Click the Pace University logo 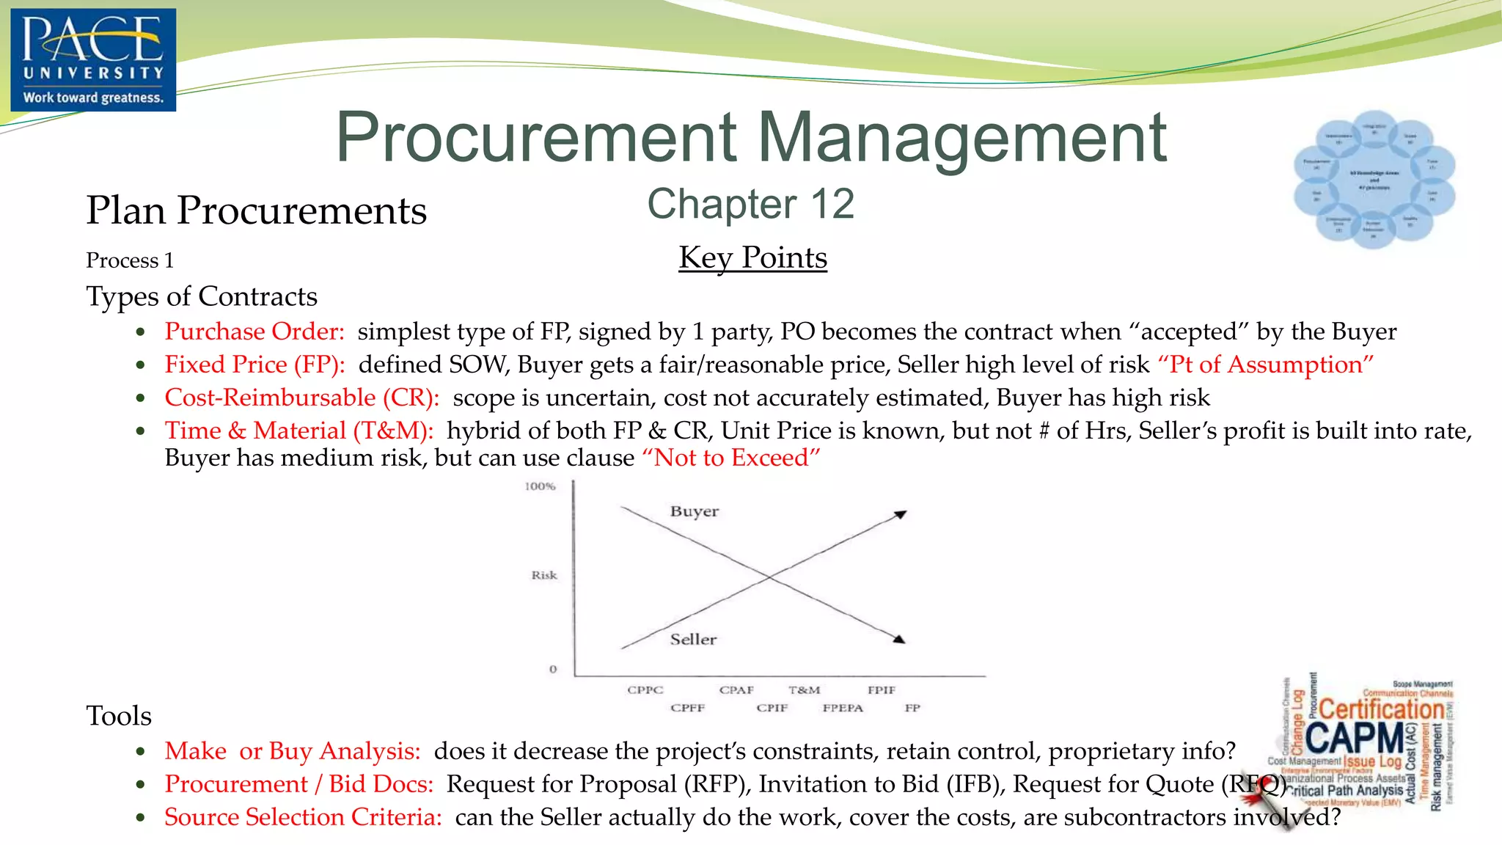(x=93, y=59)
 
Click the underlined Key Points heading (x=752, y=258)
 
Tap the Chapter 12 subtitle (x=750, y=204)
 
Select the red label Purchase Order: (x=254, y=332)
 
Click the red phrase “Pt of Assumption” (x=1265, y=365)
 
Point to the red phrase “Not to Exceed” (x=730, y=458)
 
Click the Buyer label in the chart (x=694, y=511)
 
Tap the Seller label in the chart (x=693, y=640)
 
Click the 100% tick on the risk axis (x=541, y=486)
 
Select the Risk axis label (x=544, y=575)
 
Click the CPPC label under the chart (x=645, y=690)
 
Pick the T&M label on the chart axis (x=804, y=690)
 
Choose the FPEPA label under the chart (x=843, y=708)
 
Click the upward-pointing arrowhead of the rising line (x=901, y=514)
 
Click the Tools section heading (x=119, y=716)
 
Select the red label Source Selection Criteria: (x=303, y=817)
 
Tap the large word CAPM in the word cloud (x=1354, y=738)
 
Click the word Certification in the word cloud (x=1382, y=709)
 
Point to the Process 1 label (x=130, y=261)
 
